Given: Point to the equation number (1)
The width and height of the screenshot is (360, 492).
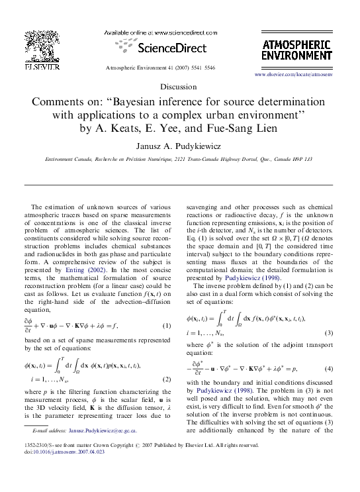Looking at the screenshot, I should click(167, 325).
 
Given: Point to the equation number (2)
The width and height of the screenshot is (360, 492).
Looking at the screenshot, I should click(167, 379).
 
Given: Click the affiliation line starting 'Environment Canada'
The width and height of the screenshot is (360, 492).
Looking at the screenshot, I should click(178, 160).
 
